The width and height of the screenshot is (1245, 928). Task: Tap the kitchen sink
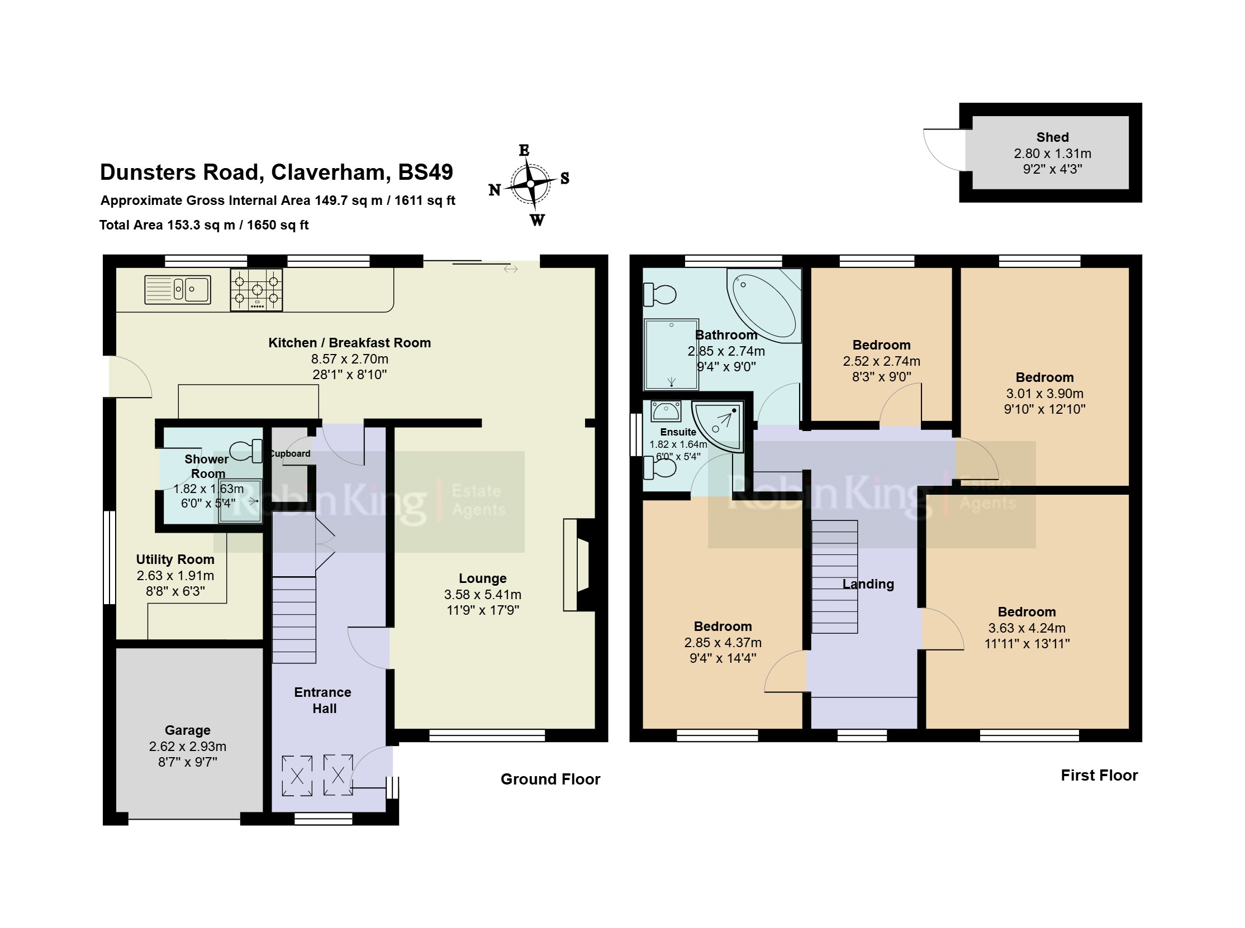click(x=178, y=289)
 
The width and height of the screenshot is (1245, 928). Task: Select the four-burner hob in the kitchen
click(x=256, y=290)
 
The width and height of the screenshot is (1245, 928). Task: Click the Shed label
click(x=1052, y=137)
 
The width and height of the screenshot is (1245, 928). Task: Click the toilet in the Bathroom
click(x=659, y=294)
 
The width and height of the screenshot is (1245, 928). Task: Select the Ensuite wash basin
click(x=666, y=410)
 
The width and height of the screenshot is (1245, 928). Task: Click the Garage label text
click(x=187, y=730)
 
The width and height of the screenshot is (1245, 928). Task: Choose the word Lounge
click(x=482, y=578)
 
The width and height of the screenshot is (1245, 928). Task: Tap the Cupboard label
click(x=289, y=453)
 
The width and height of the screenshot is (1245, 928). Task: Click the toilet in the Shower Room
click(x=246, y=451)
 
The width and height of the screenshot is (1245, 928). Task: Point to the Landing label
click(x=868, y=584)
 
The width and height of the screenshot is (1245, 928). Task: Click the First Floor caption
click(x=1099, y=775)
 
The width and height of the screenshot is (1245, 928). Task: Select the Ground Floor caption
click(x=550, y=779)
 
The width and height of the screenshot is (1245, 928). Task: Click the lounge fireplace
click(x=579, y=565)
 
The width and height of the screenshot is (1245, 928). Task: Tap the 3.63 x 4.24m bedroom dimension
click(x=1027, y=628)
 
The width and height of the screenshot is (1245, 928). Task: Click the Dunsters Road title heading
click(x=276, y=172)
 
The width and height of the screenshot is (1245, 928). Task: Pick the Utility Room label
click(x=175, y=559)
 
